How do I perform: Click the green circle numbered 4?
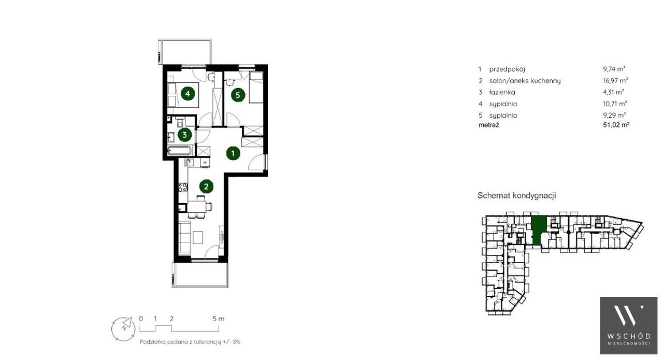(x=188, y=94)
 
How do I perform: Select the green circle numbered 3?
(x=185, y=135)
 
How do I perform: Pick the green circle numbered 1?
(x=233, y=153)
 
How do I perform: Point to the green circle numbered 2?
(x=206, y=186)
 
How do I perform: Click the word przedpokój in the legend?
(x=507, y=69)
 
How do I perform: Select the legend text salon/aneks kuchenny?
(x=525, y=81)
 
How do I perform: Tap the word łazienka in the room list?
(x=502, y=92)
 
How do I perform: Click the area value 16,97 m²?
(x=615, y=80)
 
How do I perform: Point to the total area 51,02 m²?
(x=616, y=125)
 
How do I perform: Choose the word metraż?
(x=488, y=125)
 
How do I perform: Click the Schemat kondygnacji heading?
(x=517, y=195)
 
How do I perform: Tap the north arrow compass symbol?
(x=123, y=328)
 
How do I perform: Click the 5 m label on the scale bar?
(x=219, y=319)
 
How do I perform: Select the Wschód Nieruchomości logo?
(x=629, y=326)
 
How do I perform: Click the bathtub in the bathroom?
(x=180, y=151)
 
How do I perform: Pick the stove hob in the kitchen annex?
(x=183, y=188)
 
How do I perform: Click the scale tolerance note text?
(x=190, y=342)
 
